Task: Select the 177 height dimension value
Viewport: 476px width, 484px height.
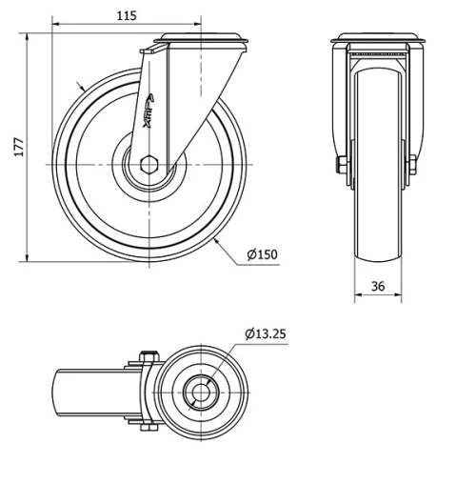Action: coord(17,145)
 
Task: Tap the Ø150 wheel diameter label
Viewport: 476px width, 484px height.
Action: coord(262,254)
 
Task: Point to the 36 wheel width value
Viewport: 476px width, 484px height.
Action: coord(378,285)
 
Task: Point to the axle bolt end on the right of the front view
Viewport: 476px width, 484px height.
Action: coord(417,168)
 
